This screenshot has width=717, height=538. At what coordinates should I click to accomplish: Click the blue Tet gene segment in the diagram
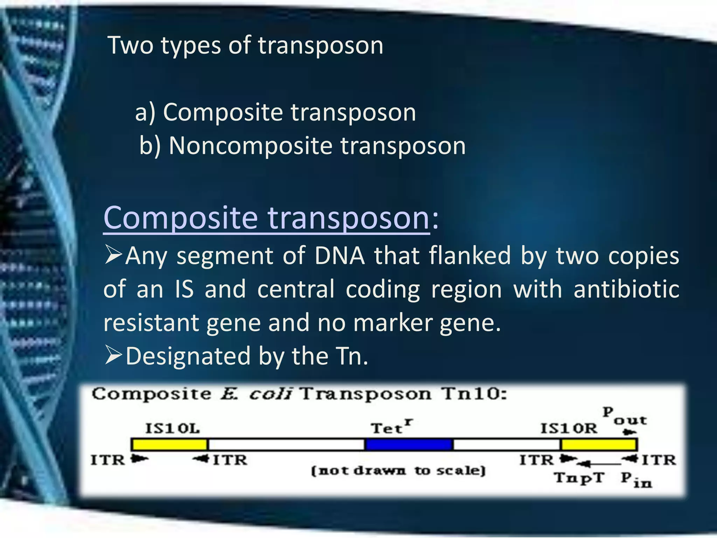409,444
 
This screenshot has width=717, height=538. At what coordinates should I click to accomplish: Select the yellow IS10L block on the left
169,444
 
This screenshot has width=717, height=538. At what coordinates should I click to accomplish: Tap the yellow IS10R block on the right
599,444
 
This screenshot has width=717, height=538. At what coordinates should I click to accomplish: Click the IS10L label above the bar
172,428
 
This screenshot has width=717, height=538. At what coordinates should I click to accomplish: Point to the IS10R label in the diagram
569,428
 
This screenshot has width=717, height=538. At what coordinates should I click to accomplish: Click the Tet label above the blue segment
391,428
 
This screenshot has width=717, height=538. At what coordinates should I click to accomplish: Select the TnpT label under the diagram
579,477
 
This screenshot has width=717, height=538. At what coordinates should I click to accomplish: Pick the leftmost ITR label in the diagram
108,460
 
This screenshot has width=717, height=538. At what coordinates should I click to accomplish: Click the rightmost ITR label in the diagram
659,460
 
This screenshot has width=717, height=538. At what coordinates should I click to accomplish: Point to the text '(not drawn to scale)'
398,470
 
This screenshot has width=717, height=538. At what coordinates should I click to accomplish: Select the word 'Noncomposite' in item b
250,145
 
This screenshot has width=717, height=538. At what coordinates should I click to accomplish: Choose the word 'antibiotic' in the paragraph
626,289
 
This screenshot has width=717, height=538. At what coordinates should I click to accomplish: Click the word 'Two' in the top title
131,45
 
